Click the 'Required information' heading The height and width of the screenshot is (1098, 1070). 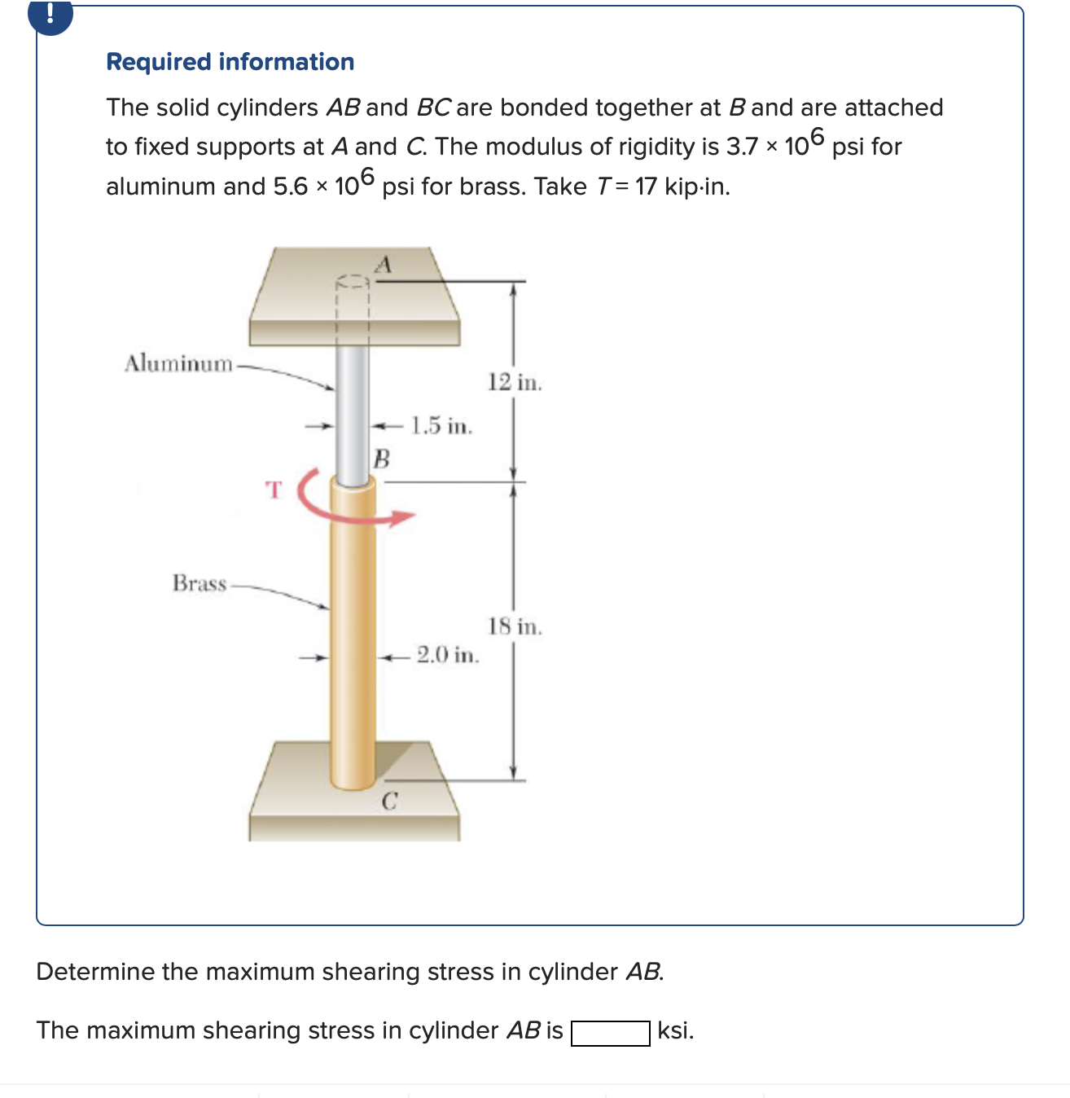pyautogui.click(x=230, y=62)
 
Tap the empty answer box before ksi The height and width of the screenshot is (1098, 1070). pyautogui.click(x=610, y=1033)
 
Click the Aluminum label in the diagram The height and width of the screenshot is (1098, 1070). pyautogui.click(x=178, y=363)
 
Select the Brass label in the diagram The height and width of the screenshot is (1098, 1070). pyautogui.click(x=199, y=583)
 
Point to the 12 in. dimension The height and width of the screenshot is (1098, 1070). pyautogui.click(x=515, y=382)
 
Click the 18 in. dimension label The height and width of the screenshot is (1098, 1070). pyautogui.click(x=515, y=626)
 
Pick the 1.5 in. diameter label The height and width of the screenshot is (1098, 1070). pyautogui.click(x=441, y=425)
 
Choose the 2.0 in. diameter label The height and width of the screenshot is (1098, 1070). pyautogui.click(x=448, y=654)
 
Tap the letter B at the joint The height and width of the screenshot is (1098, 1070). pyautogui.click(x=381, y=459)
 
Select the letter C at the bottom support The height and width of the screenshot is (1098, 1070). pyautogui.click(x=389, y=802)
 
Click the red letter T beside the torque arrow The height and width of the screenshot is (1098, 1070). pyautogui.click(x=274, y=490)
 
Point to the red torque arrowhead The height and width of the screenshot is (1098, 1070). pyautogui.click(x=403, y=516)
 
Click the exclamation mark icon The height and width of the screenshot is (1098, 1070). pyautogui.click(x=50, y=14)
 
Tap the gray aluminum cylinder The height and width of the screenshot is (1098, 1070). pyautogui.click(x=353, y=415)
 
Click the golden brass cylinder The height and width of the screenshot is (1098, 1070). pyautogui.click(x=353, y=635)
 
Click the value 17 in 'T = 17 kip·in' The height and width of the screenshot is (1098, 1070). pyautogui.click(x=646, y=187)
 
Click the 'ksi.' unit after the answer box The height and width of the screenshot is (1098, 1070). pyautogui.click(x=676, y=1030)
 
